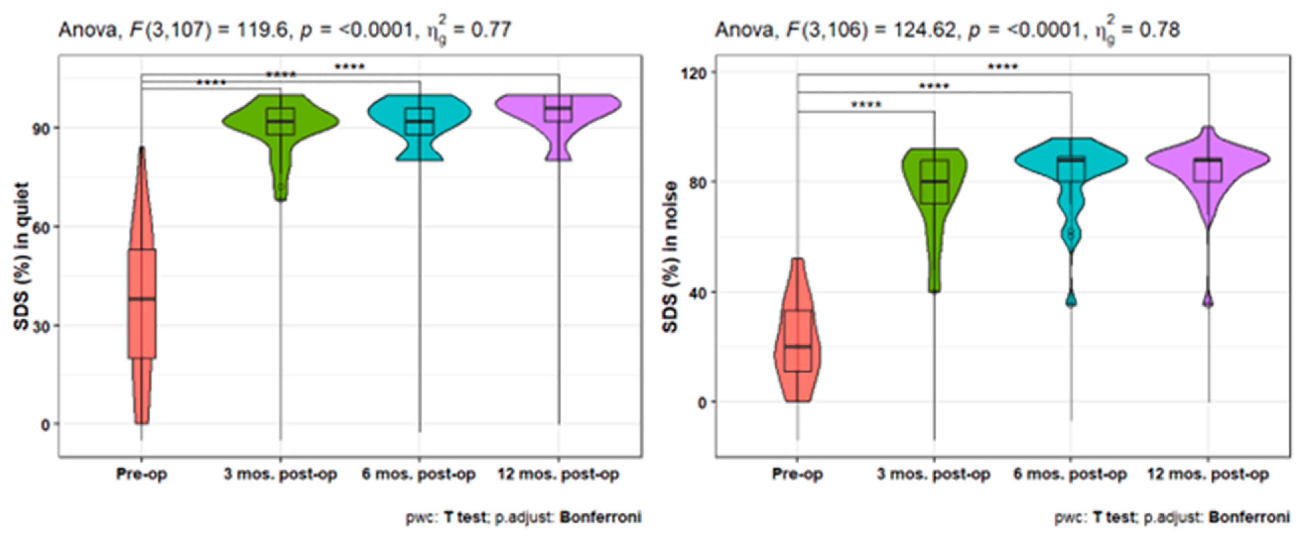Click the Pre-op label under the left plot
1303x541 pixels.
tap(142, 474)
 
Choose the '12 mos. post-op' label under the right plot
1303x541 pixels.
tap(1208, 474)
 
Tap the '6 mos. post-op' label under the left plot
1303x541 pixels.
tap(419, 474)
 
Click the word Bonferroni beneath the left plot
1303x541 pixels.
tap(600, 517)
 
